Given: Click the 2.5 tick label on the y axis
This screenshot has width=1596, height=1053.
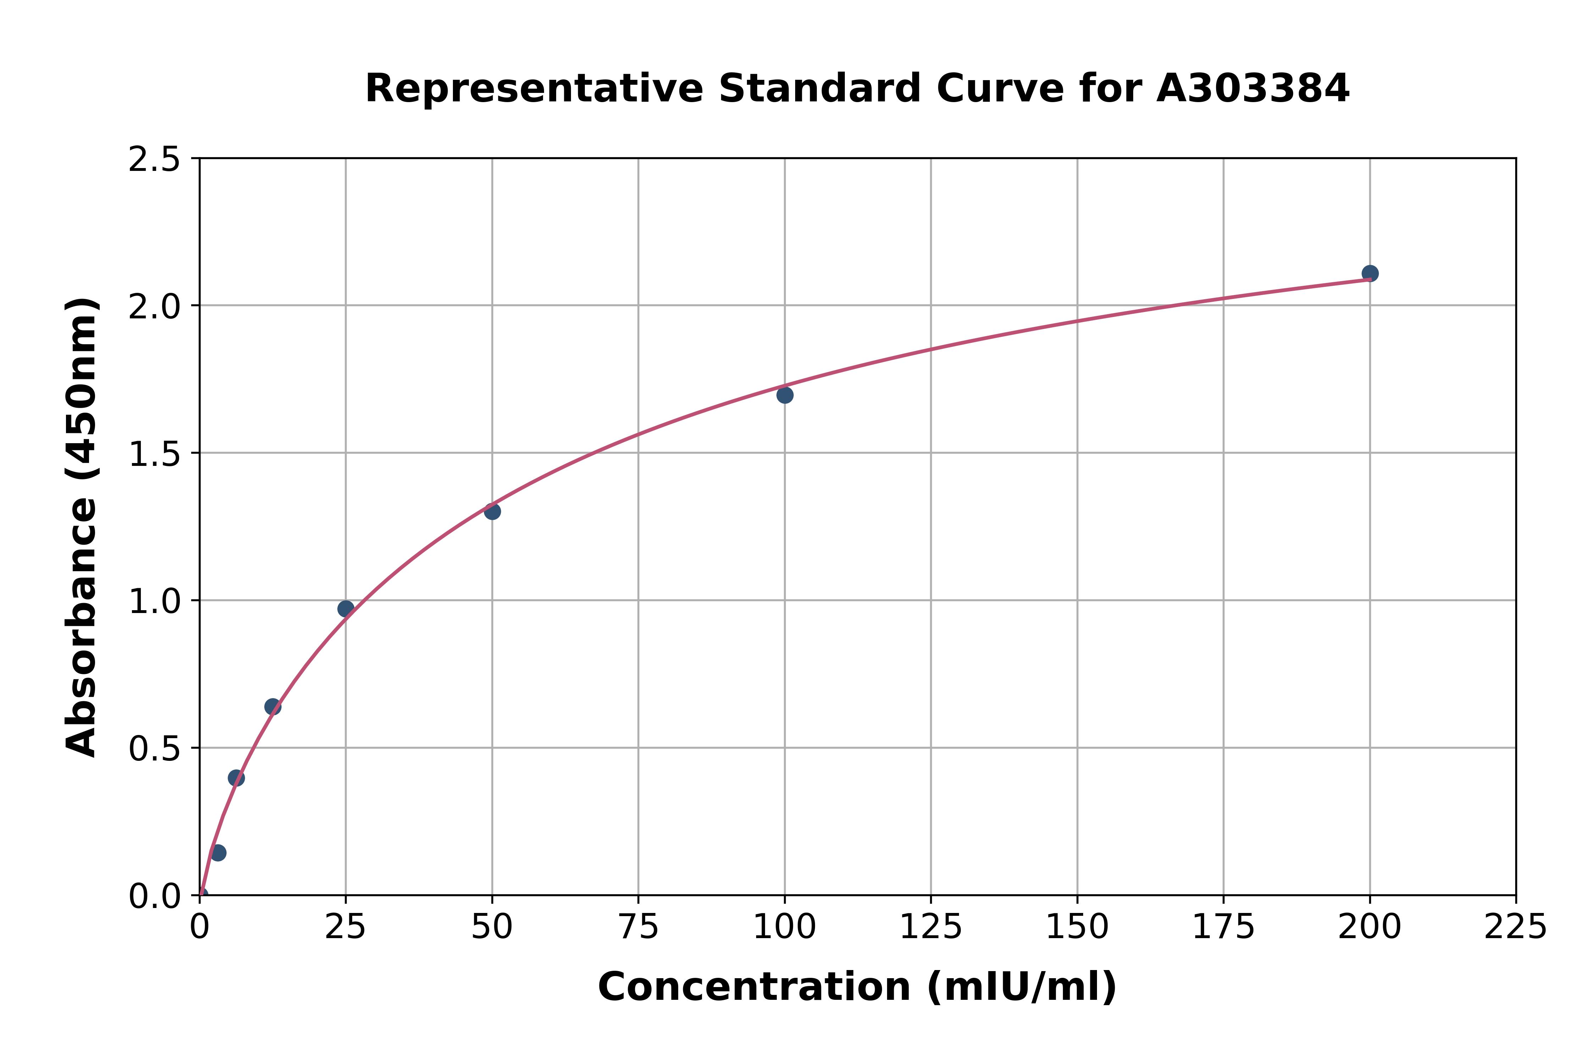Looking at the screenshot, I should [155, 160].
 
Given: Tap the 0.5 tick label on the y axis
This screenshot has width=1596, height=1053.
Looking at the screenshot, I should [155, 749].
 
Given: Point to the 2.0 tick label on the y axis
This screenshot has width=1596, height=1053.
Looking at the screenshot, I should [155, 307].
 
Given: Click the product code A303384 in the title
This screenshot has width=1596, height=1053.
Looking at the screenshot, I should [1253, 89].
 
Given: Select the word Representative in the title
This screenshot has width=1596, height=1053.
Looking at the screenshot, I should [534, 89].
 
